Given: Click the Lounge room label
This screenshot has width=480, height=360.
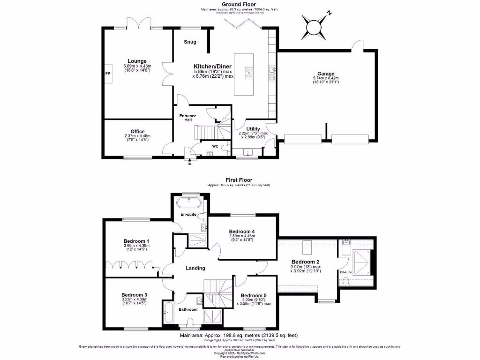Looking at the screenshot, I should tap(137, 61).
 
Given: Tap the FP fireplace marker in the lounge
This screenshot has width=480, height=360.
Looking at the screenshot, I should tap(107, 74).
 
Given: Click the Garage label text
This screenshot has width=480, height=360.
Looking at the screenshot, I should tap(325, 74).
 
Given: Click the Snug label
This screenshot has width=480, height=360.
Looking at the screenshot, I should tap(190, 42).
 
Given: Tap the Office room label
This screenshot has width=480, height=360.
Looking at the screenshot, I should tap(137, 131).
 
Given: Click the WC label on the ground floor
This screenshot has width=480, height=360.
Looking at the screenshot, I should tap(215, 146).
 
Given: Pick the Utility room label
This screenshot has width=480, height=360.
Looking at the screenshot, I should tap(253, 128).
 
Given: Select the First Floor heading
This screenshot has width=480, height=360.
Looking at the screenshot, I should tap(239, 180).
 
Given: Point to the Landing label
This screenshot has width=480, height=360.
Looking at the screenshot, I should tap(195, 268).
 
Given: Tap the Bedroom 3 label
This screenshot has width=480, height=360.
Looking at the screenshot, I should tap(133, 294).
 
